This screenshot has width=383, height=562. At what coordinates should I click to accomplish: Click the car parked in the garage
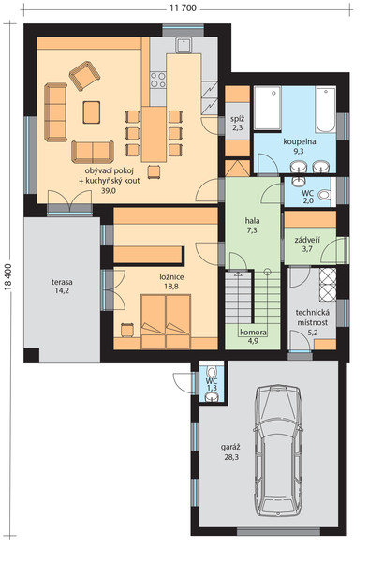(278, 451)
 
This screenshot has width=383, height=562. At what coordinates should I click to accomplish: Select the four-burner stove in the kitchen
(158, 80)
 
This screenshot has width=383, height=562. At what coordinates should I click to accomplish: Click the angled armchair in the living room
(84, 76)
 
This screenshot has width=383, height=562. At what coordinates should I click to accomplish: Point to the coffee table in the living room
(92, 112)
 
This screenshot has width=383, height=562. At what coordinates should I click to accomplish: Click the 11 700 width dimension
(184, 8)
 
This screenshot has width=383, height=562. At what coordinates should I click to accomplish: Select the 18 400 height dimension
(8, 275)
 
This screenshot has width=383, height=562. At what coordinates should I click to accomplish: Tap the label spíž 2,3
(237, 123)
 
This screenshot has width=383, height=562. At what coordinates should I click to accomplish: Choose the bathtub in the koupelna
(326, 110)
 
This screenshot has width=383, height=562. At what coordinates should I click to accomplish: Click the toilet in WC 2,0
(325, 196)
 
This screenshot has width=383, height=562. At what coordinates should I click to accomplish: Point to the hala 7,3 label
(252, 226)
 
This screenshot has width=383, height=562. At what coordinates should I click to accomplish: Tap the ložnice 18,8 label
(172, 281)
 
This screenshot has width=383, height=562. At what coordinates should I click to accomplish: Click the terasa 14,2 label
(62, 286)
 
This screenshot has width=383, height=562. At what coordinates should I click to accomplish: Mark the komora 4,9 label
(253, 336)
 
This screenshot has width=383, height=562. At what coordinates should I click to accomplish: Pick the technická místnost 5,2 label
(313, 322)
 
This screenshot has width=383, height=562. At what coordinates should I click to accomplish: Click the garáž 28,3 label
(230, 452)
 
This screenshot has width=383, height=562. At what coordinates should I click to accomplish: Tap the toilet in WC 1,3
(212, 371)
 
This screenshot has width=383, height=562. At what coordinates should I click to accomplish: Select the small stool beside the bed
(127, 330)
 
